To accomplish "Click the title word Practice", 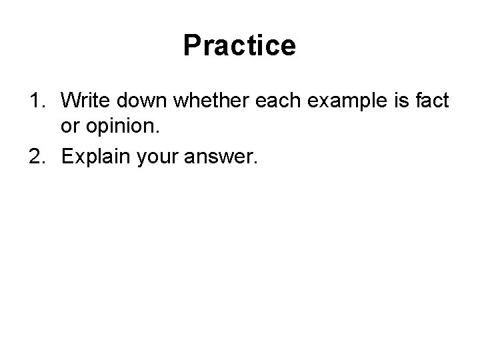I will coord(239,46).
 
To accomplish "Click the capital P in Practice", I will coord(191,46).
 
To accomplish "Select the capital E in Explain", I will coord(67,158).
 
